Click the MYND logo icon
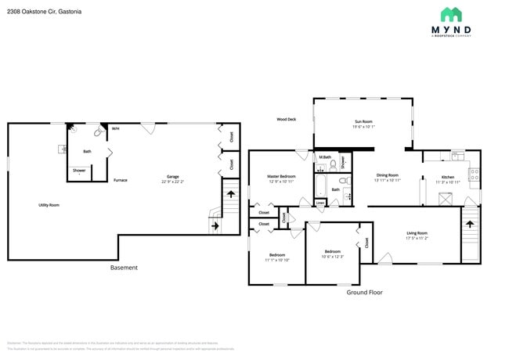coord(451,14)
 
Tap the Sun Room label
coord(363,122)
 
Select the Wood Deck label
coord(286,120)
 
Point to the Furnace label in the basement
coord(120,180)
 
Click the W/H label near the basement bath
coord(115,129)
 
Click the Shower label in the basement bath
coord(79,171)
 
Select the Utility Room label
coord(49,205)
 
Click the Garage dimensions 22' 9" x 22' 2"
coord(172,181)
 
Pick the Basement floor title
coord(124,268)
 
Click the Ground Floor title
coord(364,292)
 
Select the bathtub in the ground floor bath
coord(321,186)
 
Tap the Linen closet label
coord(320,203)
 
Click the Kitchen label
coord(447,177)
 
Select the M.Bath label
coord(325,158)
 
